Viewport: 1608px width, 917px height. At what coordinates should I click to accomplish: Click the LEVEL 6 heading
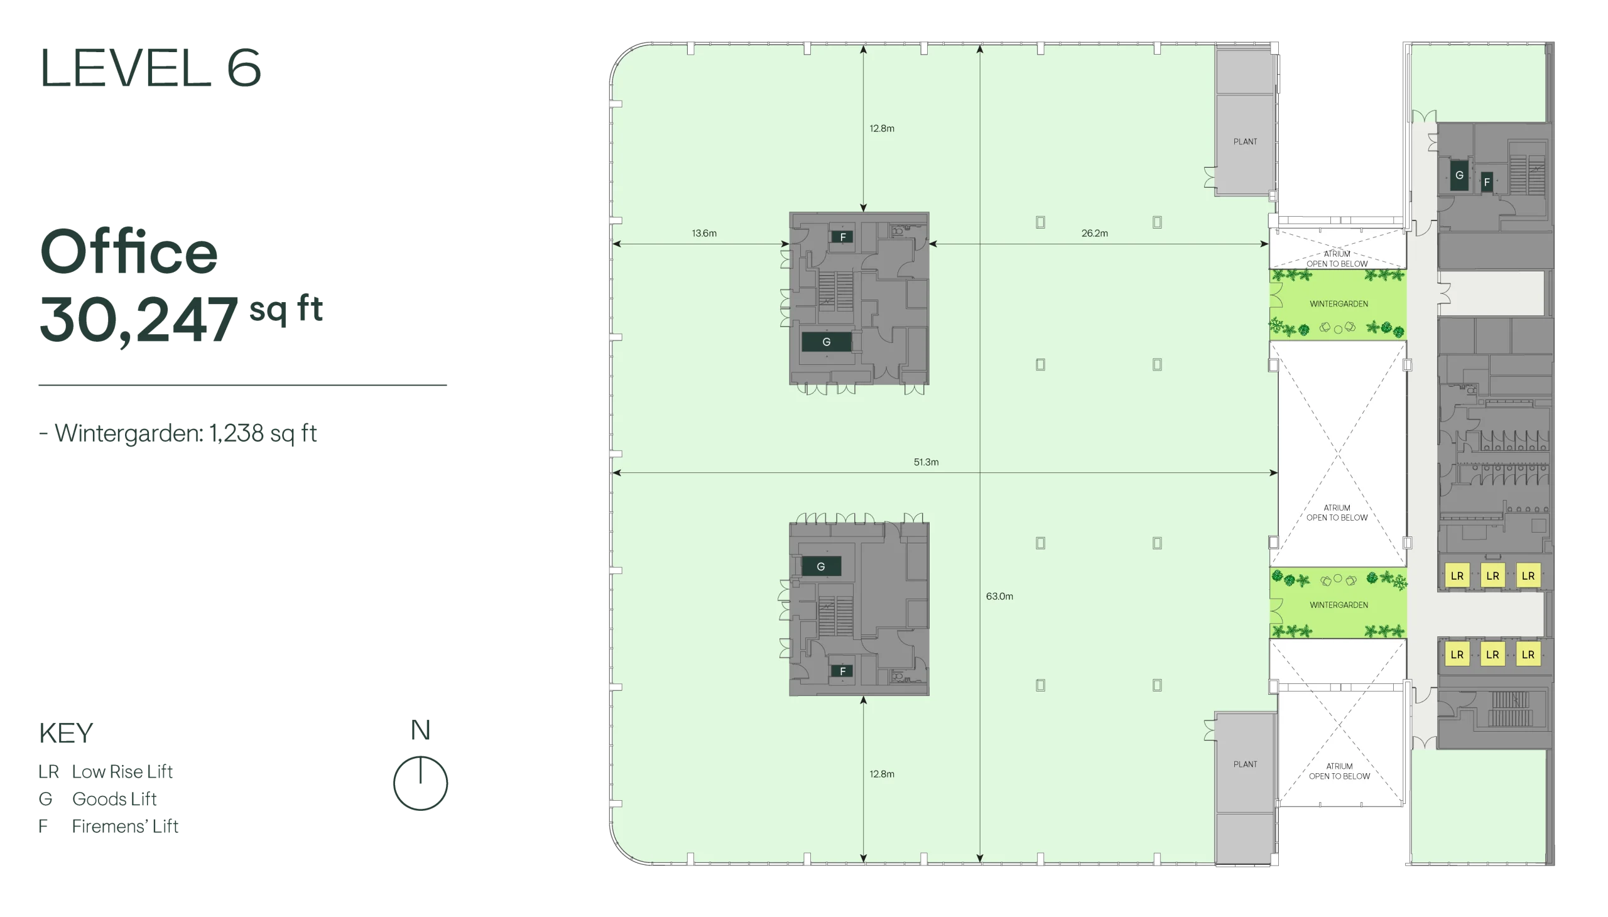[x=150, y=67]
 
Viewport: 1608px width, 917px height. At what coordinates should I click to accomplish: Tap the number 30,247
[x=139, y=320]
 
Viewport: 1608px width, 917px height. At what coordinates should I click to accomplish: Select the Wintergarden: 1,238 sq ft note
[x=178, y=433]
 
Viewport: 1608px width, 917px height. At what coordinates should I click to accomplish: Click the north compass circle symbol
[x=420, y=783]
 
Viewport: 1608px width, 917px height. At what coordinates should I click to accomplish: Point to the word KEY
[x=65, y=733]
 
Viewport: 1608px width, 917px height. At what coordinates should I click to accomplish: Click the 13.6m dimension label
[x=704, y=233]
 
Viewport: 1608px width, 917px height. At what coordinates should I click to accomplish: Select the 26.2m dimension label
[x=1094, y=233]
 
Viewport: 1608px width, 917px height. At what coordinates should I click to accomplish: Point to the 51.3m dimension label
[x=926, y=462]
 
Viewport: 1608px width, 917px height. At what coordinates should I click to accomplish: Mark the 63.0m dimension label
[x=999, y=596]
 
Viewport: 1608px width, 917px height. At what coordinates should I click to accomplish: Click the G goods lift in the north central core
[x=826, y=342]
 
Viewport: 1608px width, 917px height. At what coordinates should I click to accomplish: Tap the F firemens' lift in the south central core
[x=842, y=671]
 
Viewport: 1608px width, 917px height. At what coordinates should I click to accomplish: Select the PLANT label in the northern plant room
[x=1244, y=142]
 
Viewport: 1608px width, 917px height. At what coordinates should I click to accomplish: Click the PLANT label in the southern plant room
[x=1244, y=764]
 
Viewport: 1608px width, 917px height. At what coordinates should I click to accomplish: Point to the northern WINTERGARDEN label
[x=1339, y=303]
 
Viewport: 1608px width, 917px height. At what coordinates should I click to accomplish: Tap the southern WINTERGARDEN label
[x=1339, y=605]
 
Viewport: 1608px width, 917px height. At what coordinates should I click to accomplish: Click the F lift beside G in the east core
[x=1486, y=182]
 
